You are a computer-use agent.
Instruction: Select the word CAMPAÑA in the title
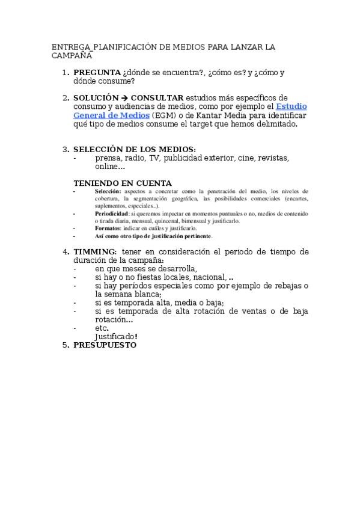(x=72, y=55)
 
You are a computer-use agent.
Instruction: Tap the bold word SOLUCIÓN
(x=96, y=97)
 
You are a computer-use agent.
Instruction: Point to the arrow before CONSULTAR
(x=124, y=97)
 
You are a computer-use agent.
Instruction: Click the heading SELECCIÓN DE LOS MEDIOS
(x=134, y=149)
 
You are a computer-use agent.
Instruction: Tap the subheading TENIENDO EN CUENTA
(x=123, y=183)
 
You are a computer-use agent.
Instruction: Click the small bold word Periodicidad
(x=111, y=214)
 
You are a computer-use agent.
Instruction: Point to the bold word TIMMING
(x=95, y=251)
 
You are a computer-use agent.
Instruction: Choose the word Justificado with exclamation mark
(x=116, y=336)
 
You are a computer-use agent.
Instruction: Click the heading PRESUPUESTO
(x=105, y=345)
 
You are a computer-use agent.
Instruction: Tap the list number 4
(x=66, y=251)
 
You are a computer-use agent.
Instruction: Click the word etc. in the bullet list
(x=102, y=328)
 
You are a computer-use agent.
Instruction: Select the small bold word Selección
(x=108, y=191)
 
